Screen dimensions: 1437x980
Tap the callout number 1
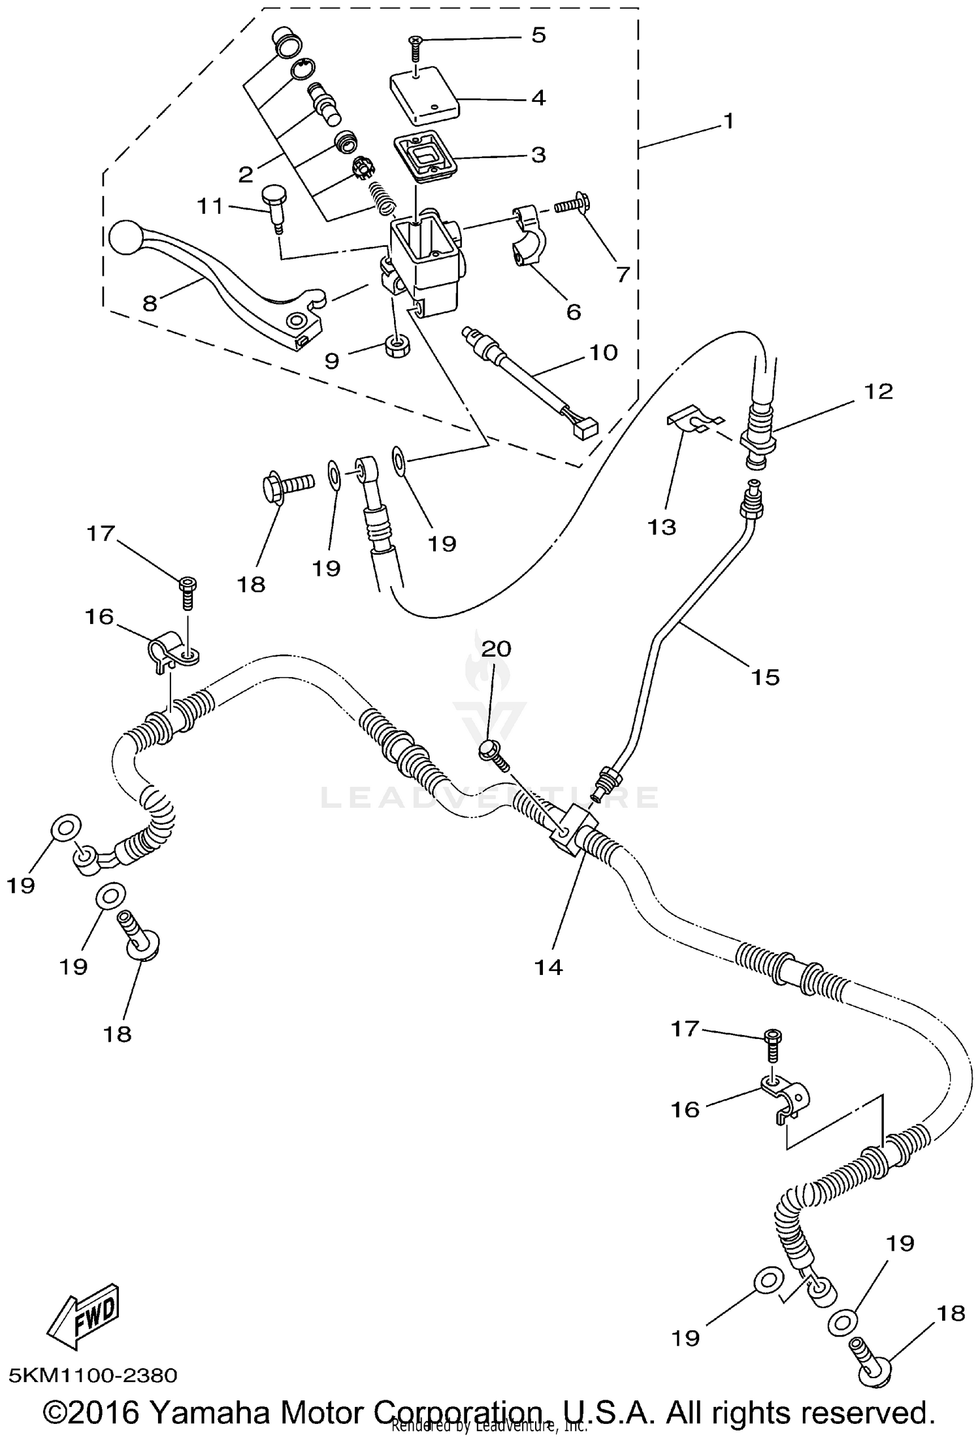(728, 121)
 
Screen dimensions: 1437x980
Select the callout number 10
(602, 352)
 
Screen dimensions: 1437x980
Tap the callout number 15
(764, 677)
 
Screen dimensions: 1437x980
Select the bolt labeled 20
(494, 755)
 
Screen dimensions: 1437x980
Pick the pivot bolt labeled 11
(273, 206)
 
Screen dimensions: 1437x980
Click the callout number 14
(548, 968)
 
